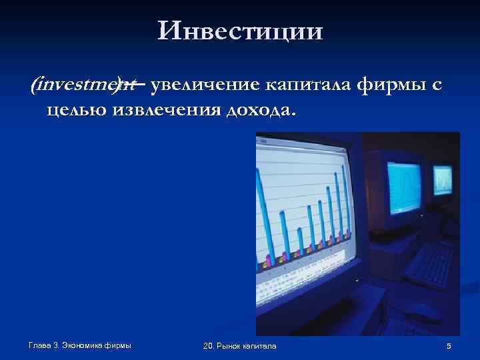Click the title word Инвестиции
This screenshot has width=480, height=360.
pos(240,31)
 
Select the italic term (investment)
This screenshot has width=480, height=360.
pos(82,85)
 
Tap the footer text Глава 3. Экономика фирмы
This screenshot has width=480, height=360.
pos(80,345)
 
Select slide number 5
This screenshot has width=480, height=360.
pos(449,345)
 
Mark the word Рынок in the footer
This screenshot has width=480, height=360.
pos(234,345)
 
